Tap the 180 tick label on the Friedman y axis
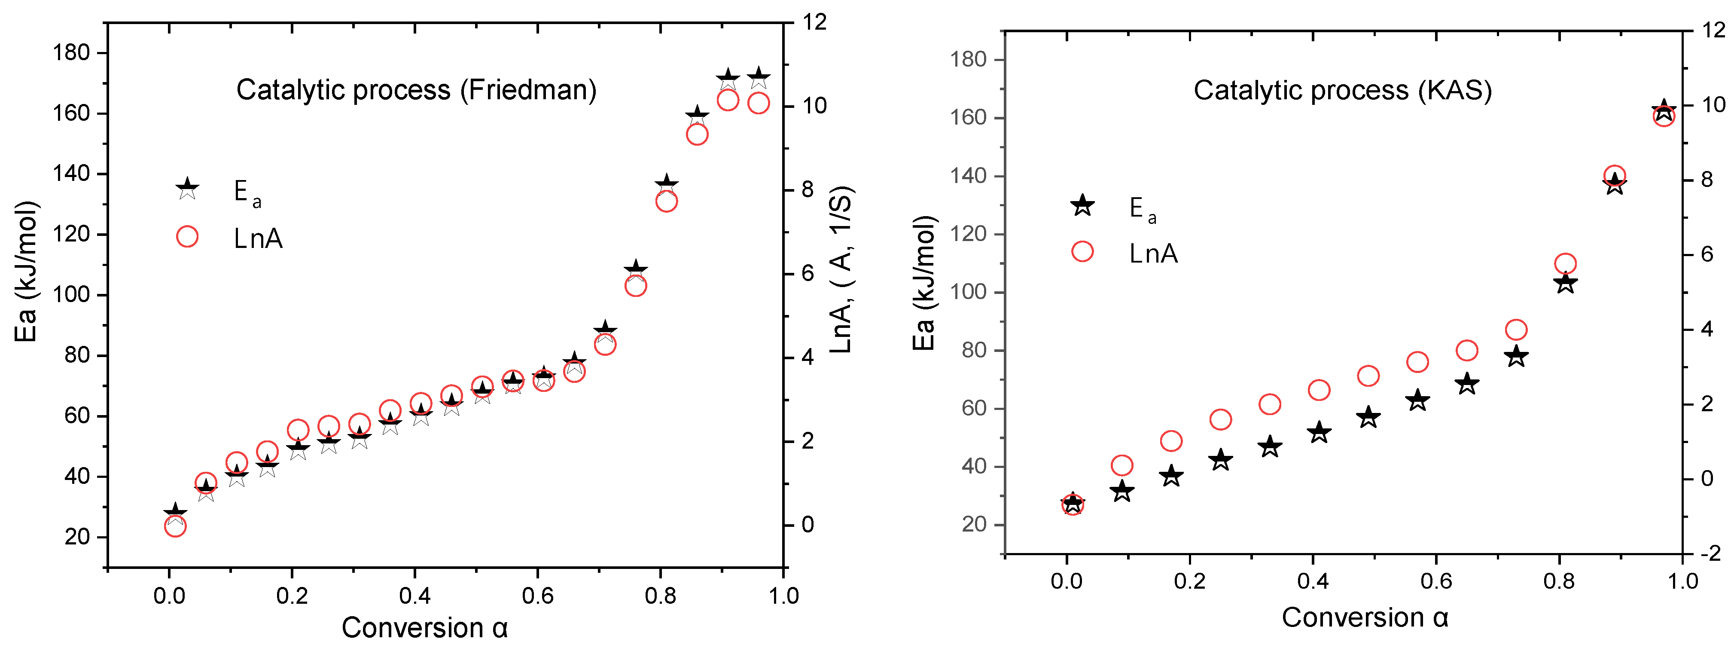[71, 52]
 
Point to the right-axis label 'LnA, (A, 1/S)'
[841, 269]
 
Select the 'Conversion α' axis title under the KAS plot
[1365, 617]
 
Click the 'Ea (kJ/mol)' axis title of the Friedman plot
[26, 271]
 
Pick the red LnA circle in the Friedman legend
[187, 237]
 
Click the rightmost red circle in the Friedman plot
[759, 103]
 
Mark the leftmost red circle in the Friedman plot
[175, 526]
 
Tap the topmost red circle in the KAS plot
[1663, 116]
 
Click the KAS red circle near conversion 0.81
[1566, 264]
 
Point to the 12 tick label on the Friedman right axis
[814, 22]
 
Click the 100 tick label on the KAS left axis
[967, 292]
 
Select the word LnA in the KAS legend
[1153, 254]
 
